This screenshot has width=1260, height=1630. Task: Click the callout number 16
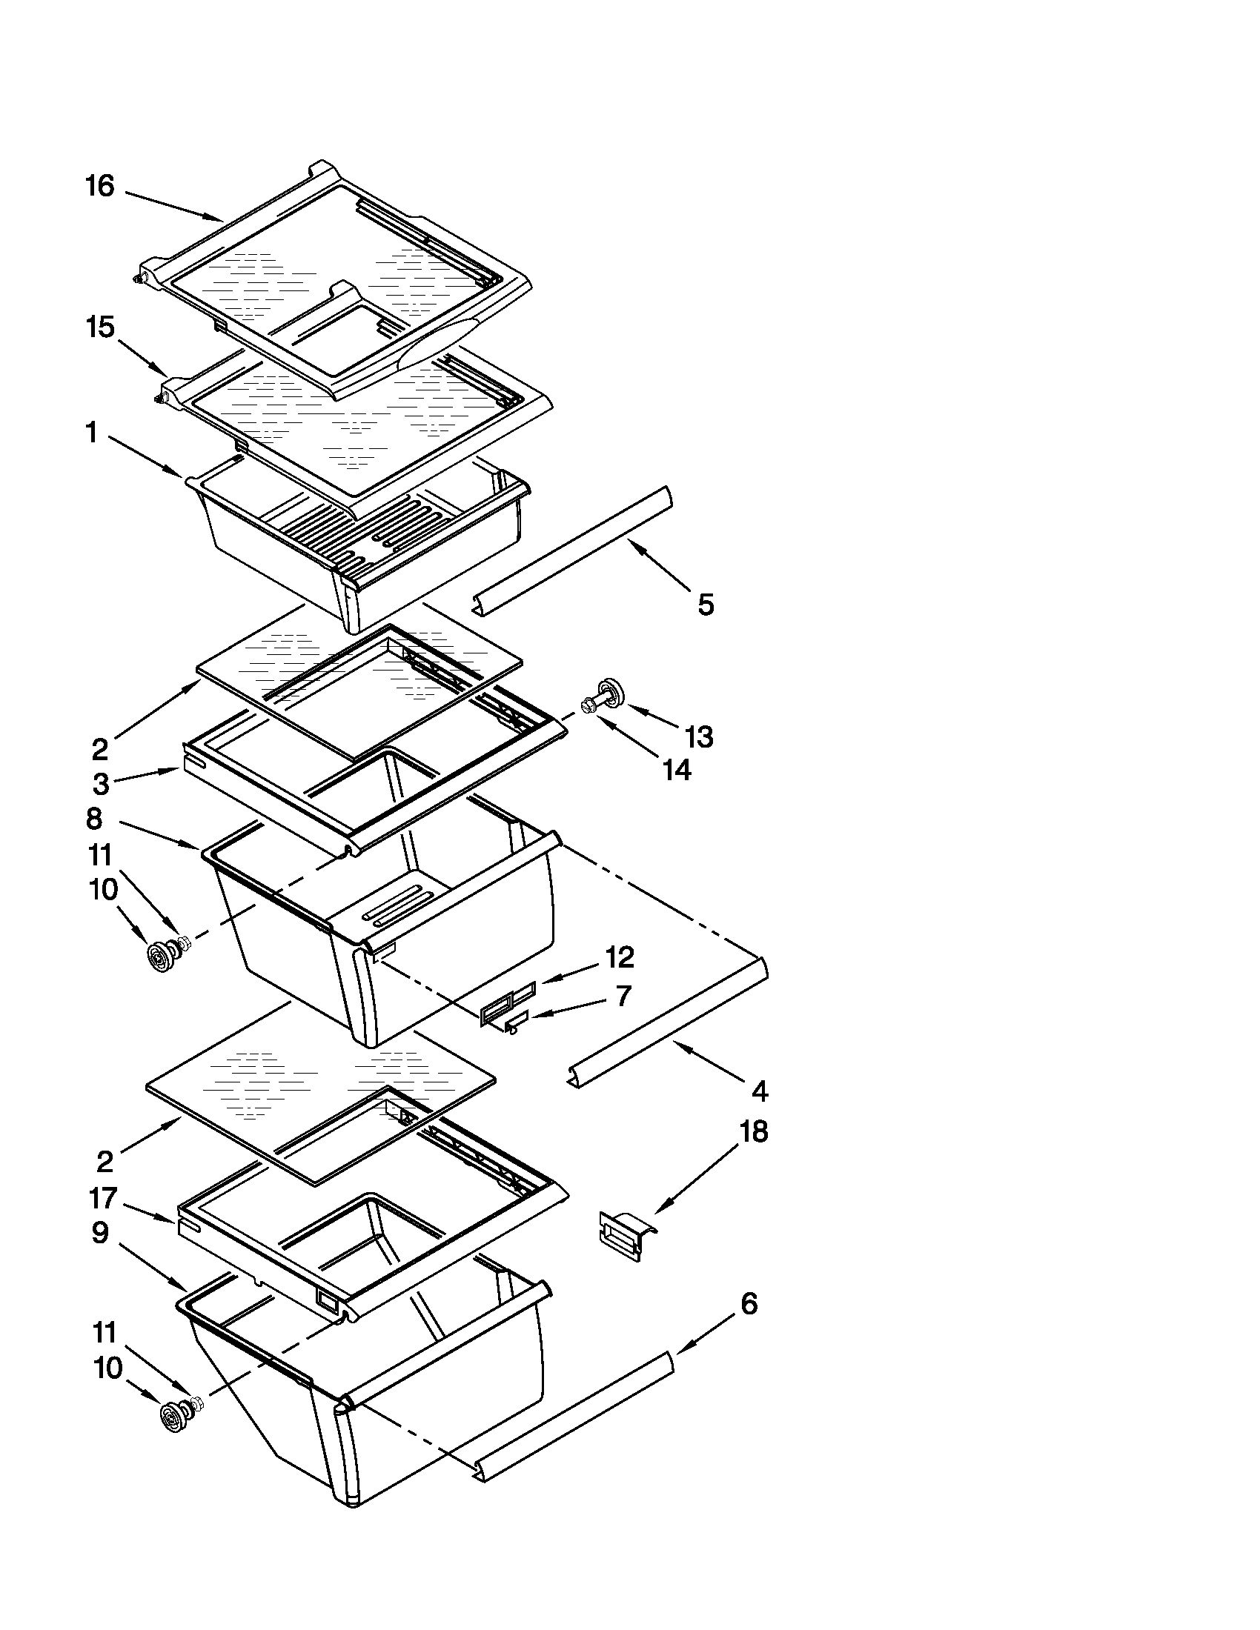(x=100, y=186)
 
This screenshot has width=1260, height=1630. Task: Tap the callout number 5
(x=706, y=605)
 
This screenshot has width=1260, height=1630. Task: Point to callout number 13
(x=700, y=736)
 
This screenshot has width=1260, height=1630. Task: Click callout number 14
(x=677, y=771)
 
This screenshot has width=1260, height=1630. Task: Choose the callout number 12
(x=620, y=957)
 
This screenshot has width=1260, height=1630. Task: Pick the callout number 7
(x=623, y=996)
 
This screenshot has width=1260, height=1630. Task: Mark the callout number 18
(x=753, y=1131)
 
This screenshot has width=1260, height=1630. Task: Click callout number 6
(x=749, y=1304)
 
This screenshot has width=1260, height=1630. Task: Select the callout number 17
(x=103, y=1198)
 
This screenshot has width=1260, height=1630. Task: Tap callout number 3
(x=101, y=784)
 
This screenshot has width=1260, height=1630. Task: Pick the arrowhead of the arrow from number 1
(x=180, y=473)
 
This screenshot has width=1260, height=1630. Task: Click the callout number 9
(x=100, y=1233)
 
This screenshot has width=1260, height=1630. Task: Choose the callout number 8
(x=94, y=819)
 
